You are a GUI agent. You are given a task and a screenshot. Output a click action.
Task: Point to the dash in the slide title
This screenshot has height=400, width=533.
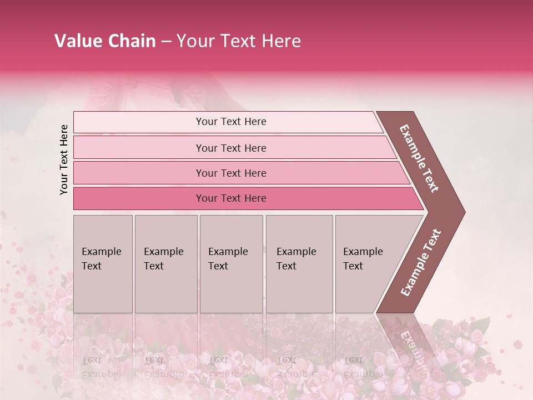coord(166,42)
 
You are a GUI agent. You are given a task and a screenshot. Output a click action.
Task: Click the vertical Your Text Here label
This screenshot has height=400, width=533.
coord(64,159)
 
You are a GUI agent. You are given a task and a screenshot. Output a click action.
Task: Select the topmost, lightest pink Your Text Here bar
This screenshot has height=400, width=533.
coord(230,122)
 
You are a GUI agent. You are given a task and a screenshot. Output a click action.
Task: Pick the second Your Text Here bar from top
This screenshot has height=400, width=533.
coord(230,148)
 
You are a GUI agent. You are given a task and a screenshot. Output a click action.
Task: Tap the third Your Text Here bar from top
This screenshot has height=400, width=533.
coord(230,173)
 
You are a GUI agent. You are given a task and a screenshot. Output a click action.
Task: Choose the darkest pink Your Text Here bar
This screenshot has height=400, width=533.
coord(230,198)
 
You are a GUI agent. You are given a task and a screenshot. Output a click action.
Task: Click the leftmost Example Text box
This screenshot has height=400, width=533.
coord(103,264)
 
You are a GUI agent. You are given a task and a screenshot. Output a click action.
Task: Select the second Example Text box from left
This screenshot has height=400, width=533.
coord(166,264)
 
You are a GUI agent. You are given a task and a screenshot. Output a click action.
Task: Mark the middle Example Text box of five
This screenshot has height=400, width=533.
coord(231,264)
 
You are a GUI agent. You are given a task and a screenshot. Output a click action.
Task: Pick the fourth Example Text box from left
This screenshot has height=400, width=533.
coord(299,264)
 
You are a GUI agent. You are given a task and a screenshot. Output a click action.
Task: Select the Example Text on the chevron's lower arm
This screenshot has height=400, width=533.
coord(421,262)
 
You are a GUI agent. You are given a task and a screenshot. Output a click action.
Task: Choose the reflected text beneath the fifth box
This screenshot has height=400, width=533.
coord(362,367)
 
